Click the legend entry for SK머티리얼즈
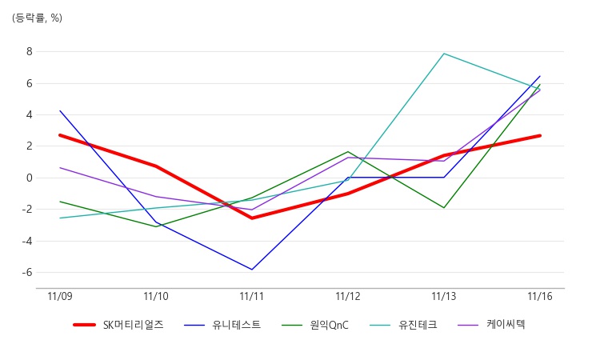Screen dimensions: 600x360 click(x=118, y=325)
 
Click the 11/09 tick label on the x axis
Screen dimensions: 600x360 click(x=60, y=297)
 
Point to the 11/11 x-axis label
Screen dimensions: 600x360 click(x=252, y=297)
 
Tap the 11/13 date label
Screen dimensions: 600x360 click(x=444, y=297)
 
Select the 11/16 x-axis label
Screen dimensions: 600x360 click(x=540, y=297)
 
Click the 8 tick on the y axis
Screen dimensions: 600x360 click(x=30, y=52)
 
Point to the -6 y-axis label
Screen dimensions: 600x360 click(x=27, y=272)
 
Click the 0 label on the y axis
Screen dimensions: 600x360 click(x=30, y=178)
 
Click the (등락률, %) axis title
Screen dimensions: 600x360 click(x=37, y=18)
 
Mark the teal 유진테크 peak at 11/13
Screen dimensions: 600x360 click(x=444, y=54)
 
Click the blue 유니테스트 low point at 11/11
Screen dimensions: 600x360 click(x=252, y=270)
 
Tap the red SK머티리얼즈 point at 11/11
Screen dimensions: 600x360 click(x=252, y=218)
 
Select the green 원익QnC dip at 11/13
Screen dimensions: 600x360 click(x=444, y=208)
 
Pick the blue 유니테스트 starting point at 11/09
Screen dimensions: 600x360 click(x=60, y=111)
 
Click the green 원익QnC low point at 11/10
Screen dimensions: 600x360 click(x=156, y=226)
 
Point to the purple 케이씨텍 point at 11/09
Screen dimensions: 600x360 click(x=60, y=167)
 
